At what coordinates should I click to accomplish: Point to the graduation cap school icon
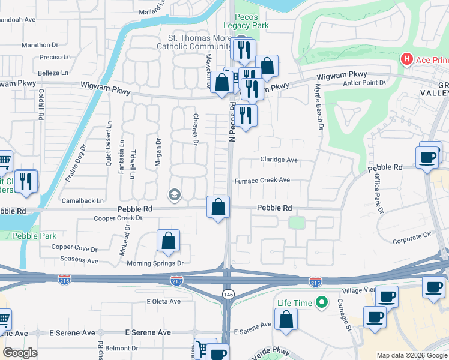(x=175, y=194)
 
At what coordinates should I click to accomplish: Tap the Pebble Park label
(x=35, y=236)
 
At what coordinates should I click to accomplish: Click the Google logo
(x=20, y=352)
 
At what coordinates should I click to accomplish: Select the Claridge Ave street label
(x=279, y=160)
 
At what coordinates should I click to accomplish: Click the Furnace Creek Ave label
(x=262, y=180)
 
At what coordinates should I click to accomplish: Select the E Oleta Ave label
(x=163, y=301)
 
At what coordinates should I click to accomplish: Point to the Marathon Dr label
(x=40, y=45)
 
